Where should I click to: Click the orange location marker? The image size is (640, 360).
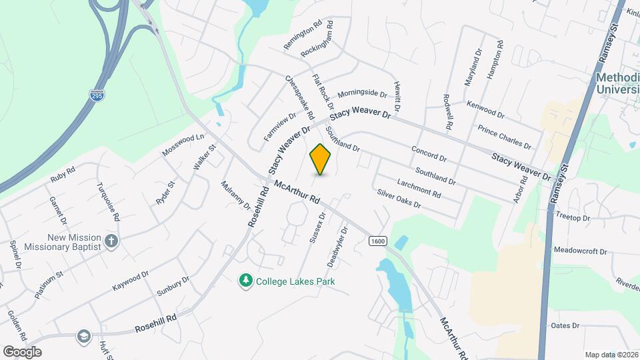[x=321, y=159]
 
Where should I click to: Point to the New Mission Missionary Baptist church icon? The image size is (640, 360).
[x=111, y=241]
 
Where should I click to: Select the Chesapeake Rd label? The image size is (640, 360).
[x=299, y=97]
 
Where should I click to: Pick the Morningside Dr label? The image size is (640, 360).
[x=362, y=93]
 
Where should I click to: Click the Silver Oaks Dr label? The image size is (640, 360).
[x=399, y=199]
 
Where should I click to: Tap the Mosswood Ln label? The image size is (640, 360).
[x=183, y=145]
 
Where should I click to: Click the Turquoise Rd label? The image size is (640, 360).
[x=108, y=201]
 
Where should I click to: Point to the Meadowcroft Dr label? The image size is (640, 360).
[x=580, y=251]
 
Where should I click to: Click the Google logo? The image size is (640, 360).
[x=22, y=352]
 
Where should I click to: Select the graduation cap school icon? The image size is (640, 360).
[x=83, y=335]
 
